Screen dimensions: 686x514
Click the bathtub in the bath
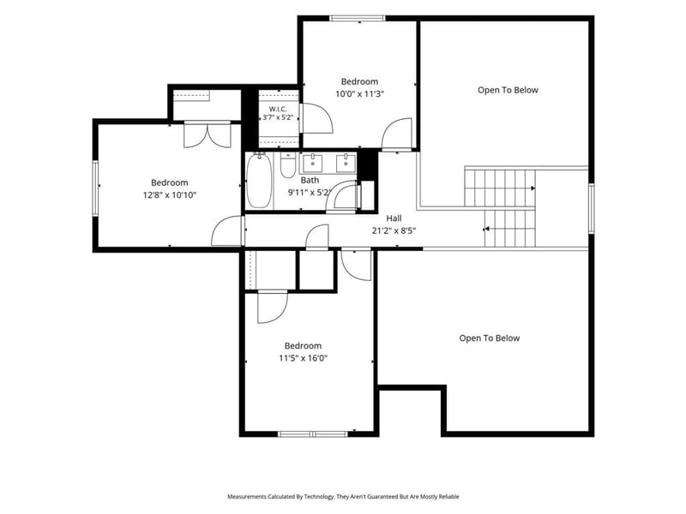259,182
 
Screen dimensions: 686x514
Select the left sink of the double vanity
312,163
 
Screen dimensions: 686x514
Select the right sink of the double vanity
346,163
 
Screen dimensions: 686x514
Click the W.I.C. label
278,109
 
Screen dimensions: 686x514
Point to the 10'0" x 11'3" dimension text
359,94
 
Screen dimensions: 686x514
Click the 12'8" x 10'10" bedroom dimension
169,195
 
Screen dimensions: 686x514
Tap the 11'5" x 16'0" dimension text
304,358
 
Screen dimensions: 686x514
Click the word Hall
394,218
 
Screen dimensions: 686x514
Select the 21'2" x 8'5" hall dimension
394,230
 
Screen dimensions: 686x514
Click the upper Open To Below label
508,90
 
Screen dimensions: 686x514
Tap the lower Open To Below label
489,338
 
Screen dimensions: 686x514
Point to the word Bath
310,180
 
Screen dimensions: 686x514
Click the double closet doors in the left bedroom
207,134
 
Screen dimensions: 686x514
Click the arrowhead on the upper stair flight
533,188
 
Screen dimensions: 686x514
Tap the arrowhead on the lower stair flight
485,229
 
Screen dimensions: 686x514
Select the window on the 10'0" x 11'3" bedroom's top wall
358,18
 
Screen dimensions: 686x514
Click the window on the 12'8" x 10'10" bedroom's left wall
95,188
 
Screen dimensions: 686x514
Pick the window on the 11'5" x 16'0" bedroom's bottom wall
313,434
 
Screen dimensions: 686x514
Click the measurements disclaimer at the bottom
343,497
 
